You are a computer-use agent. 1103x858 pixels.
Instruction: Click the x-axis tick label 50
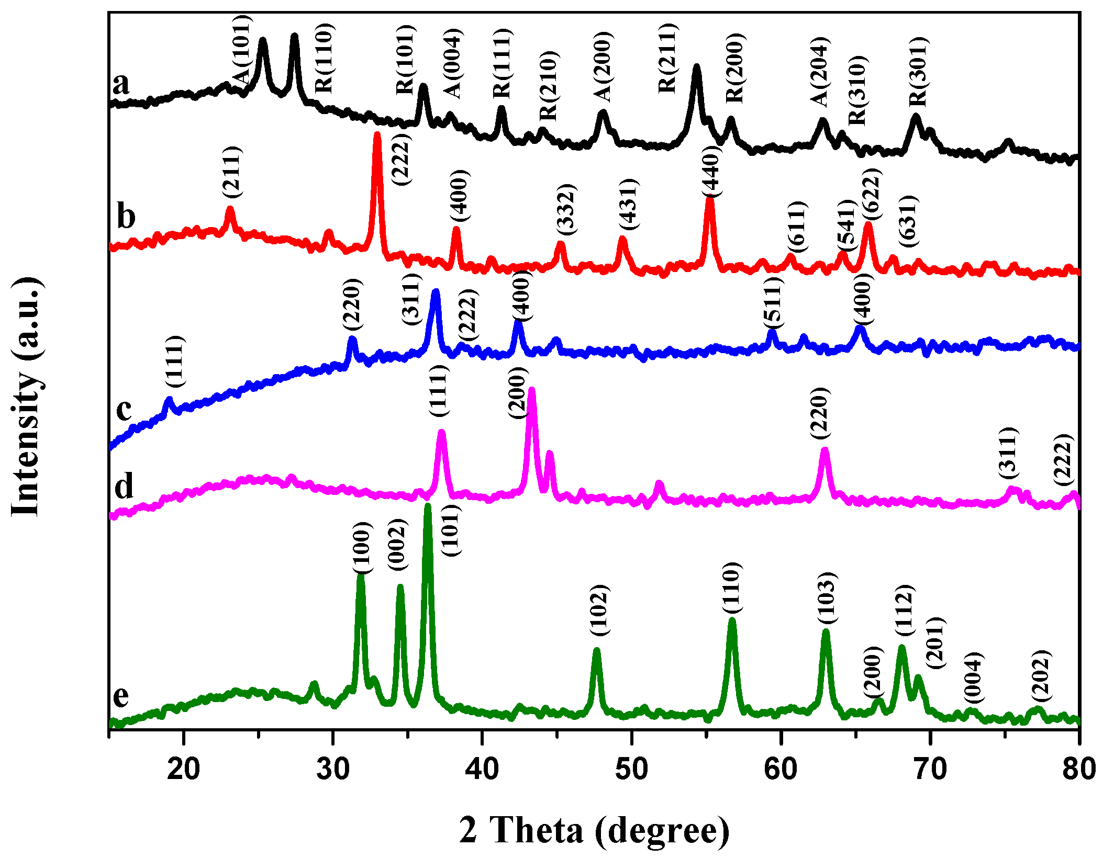[x=631, y=770]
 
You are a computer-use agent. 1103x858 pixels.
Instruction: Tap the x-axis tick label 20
[x=183, y=770]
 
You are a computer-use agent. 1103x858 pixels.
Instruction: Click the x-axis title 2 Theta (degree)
[x=594, y=830]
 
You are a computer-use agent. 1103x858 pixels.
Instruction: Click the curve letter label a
[x=121, y=84]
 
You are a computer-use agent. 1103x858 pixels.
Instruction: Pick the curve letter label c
[x=124, y=409]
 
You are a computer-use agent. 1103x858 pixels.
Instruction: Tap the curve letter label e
[x=121, y=696]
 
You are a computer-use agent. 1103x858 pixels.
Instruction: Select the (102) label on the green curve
[x=599, y=610]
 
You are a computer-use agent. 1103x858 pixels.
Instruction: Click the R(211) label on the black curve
[x=668, y=58]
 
